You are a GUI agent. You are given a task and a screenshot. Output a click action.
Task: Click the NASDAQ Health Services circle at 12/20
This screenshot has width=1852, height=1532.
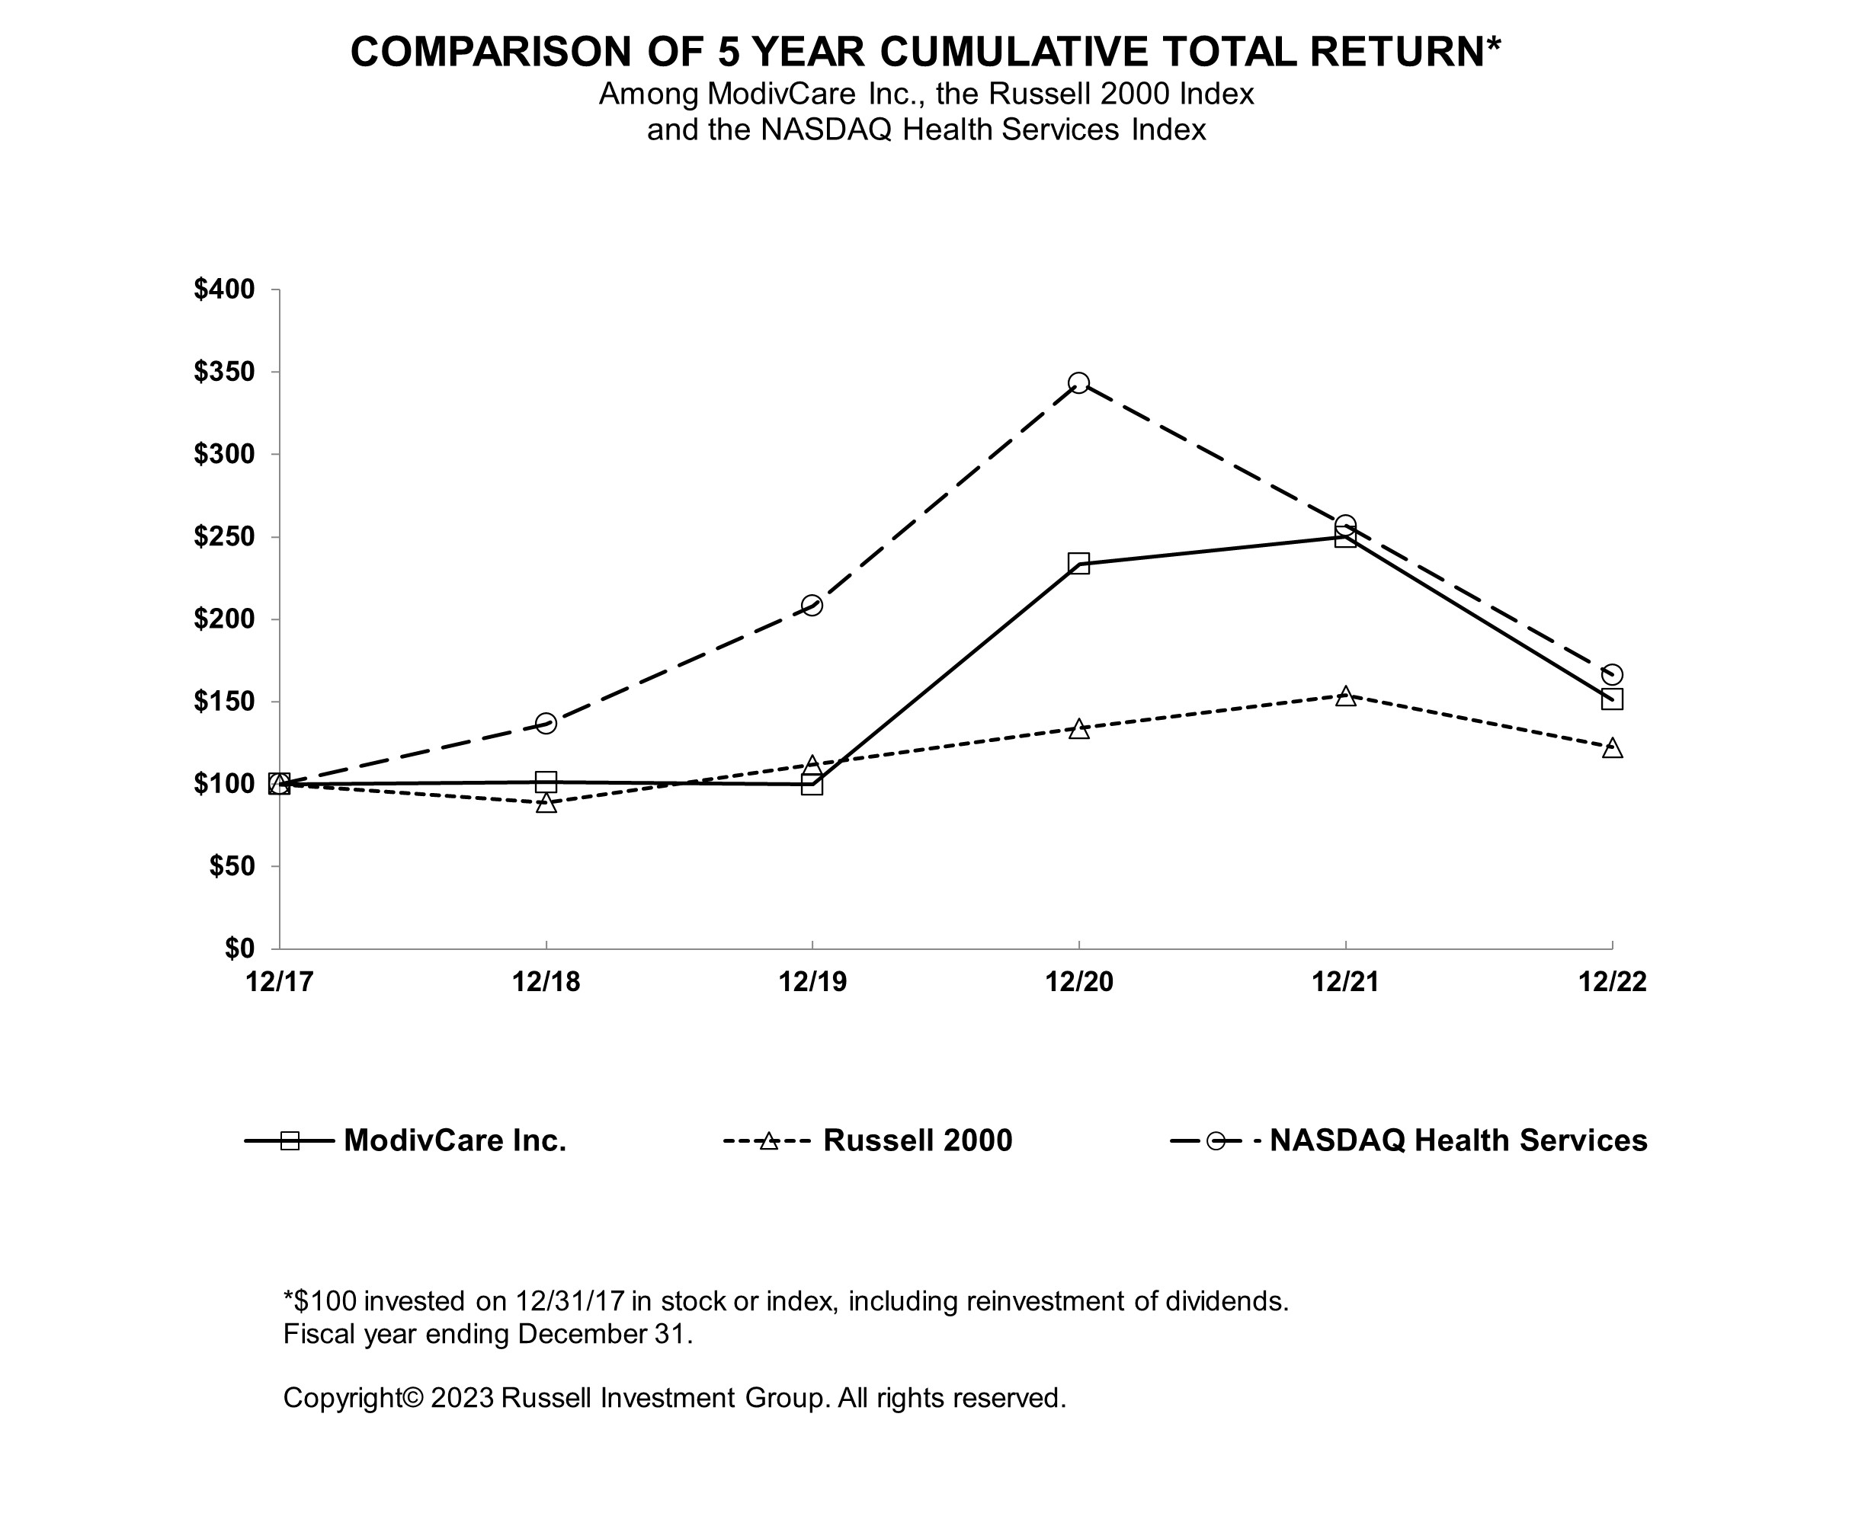pos(1078,382)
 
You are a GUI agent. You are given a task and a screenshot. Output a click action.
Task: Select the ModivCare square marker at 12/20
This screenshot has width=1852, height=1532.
pos(1078,563)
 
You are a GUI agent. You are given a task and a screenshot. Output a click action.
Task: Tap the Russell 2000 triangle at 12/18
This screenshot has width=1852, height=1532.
pos(546,802)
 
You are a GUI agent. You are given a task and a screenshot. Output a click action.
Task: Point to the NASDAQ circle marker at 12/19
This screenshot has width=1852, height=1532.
pos(812,606)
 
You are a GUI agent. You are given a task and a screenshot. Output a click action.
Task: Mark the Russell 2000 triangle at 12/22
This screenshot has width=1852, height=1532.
pos(1612,747)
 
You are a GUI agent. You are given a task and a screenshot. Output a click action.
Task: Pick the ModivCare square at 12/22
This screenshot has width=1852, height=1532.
pos(1612,699)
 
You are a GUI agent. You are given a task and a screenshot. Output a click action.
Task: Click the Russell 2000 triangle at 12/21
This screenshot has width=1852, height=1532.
pos(1345,696)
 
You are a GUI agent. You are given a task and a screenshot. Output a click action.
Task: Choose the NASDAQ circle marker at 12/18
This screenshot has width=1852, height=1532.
pos(546,724)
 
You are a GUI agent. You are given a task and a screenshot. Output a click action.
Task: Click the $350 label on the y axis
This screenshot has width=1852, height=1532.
pos(224,372)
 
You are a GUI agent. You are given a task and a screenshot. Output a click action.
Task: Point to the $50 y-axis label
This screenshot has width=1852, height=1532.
pos(232,866)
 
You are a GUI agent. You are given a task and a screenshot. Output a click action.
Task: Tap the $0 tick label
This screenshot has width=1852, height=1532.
pos(240,948)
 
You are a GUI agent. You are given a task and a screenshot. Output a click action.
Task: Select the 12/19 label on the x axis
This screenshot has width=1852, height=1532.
pos(812,982)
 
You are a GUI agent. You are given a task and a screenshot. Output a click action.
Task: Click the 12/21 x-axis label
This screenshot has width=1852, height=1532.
pos(1345,982)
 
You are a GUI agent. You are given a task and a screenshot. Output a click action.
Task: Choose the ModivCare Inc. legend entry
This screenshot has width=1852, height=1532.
pos(405,1140)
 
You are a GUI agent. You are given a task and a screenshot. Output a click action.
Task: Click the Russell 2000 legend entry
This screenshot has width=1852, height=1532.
pos(868,1140)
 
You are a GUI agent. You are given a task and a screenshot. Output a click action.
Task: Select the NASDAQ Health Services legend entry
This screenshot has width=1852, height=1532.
pos(1408,1140)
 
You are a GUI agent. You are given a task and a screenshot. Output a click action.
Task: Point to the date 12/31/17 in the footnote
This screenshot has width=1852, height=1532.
pos(571,1301)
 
